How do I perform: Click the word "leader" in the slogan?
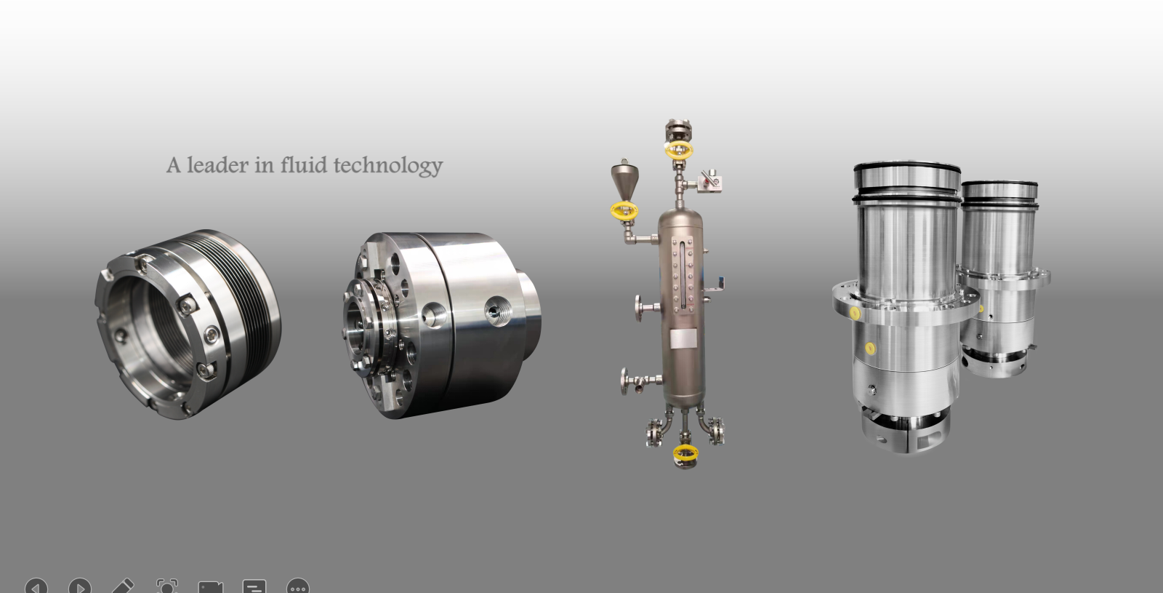coord(217,165)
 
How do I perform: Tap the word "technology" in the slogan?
coord(388,167)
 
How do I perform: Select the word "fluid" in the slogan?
coord(304,164)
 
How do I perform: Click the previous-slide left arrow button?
coord(36,586)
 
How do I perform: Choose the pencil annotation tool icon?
coord(123,586)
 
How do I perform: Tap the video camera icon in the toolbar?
coord(211,587)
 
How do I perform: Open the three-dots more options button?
coord(298,586)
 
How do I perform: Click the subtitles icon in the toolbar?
coord(254,586)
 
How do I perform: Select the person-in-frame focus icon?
coord(167,586)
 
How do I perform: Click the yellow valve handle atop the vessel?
coord(679,150)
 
